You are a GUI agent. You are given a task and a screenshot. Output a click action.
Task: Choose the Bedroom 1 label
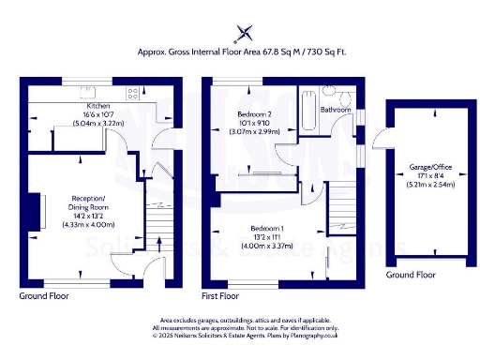[x=268, y=229]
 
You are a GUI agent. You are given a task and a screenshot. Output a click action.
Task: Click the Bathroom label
[x=335, y=110]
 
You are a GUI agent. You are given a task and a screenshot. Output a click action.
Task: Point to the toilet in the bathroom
[x=345, y=97]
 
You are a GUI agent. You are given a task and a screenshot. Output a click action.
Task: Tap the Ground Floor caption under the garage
[x=412, y=276]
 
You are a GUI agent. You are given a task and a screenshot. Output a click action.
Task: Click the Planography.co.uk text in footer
[x=314, y=335]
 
